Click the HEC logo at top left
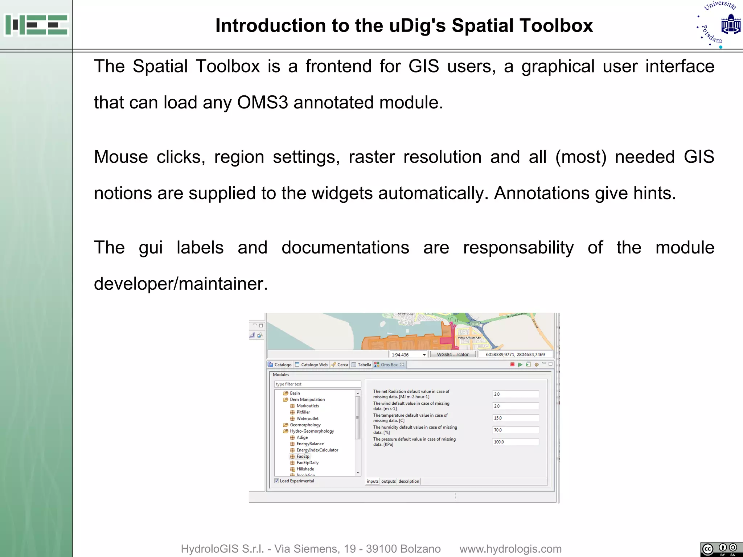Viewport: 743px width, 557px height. [x=36, y=25]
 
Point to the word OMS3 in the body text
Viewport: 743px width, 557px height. [x=262, y=102]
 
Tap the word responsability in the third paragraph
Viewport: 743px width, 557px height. [x=518, y=248]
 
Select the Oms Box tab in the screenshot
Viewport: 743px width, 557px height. [x=389, y=365]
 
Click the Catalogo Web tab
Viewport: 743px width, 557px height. [x=314, y=365]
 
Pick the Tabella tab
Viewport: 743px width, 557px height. [x=364, y=365]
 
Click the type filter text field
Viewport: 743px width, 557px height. [x=317, y=384]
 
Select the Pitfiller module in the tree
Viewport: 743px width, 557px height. [x=303, y=412]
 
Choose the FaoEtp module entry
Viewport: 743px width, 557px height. [x=303, y=457]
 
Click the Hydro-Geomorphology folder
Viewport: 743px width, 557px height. [x=312, y=431]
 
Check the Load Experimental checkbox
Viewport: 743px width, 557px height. [x=277, y=481]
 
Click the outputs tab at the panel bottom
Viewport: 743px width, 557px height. [x=388, y=481]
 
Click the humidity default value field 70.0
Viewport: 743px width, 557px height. [x=515, y=430]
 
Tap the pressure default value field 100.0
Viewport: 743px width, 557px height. [x=515, y=442]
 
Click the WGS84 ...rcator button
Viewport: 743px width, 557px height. [x=452, y=354]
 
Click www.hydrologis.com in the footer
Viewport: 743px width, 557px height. [x=510, y=549]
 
